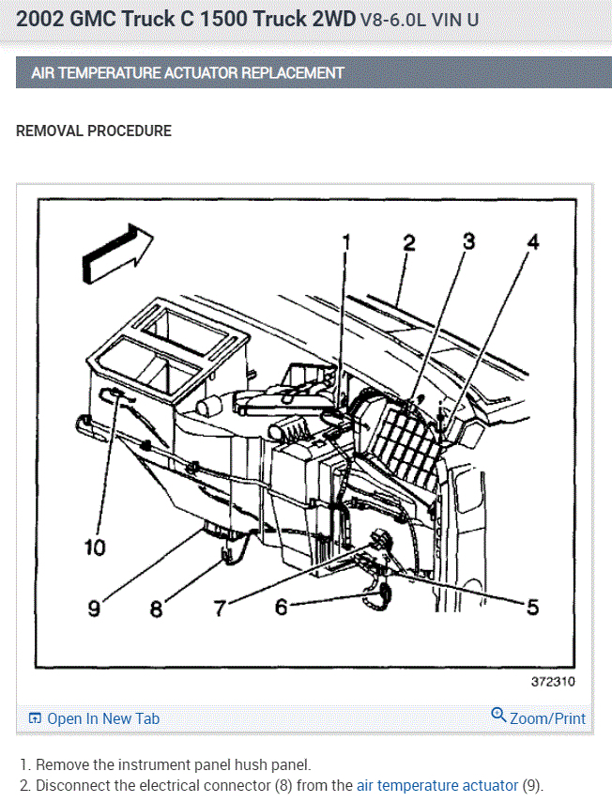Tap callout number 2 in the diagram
coord(408,242)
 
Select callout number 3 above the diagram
coord(468,241)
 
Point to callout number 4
coord(532,242)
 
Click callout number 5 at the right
coord(532,608)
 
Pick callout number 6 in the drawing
coord(281,608)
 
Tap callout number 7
coord(220,609)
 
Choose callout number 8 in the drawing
coord(156,609)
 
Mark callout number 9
coord(94,609)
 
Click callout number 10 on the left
coord(95,547)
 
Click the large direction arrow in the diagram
coord(115,252)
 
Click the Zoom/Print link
coord(547,718)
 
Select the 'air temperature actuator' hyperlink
coord(436,785)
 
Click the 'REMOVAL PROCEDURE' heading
coord(94,131)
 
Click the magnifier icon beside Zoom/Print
coord(498,716)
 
